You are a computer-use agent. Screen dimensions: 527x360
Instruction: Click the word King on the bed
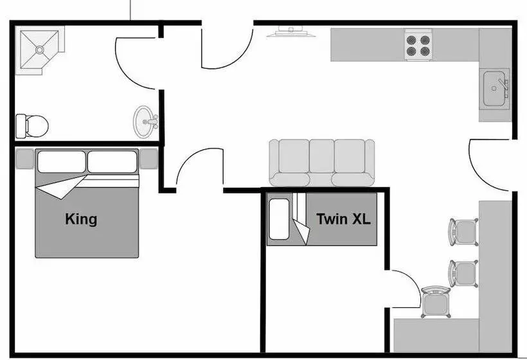pos(81,219)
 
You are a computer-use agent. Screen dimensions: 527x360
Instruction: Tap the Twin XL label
pos(343,219)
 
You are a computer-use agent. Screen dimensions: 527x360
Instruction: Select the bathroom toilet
pos(32,126)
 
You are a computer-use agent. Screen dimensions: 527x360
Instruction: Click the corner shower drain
pos(40,50)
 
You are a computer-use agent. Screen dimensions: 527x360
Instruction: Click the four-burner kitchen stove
pos(418,46)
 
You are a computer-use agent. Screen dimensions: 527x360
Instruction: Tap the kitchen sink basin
pos(494,89)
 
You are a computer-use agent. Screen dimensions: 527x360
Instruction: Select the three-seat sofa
pos(321,163)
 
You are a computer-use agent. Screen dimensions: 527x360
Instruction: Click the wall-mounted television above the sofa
pos(291,32)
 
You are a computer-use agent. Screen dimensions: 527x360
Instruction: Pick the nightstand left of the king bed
pos(24,158)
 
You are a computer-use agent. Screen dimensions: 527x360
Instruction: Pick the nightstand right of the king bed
pos(149,158)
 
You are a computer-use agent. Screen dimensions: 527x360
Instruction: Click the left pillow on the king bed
pos(62,162)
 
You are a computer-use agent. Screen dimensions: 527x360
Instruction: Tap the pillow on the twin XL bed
pos(280,219)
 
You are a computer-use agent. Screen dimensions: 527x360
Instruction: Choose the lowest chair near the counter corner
pos(436,302)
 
